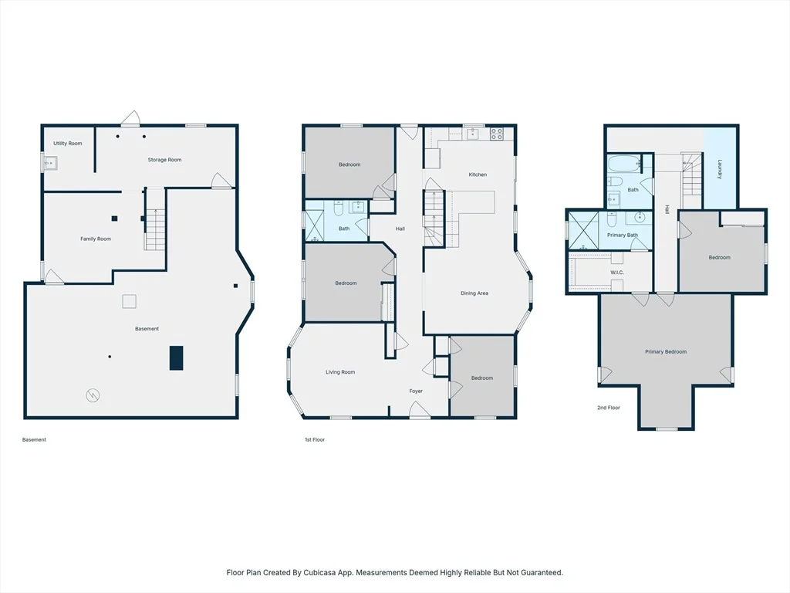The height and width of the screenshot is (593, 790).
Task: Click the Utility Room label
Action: pos(68,143)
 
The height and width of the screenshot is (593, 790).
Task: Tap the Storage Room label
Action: pos(165,160)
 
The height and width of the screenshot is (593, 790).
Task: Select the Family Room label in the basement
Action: pos(96,239)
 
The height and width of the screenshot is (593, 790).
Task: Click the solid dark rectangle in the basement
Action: pos(176,358)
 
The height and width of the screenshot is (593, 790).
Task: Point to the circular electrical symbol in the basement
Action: pos(93,395)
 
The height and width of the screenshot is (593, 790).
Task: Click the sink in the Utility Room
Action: pos(50,164)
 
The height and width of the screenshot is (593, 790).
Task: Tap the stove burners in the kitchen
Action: pos(496,134)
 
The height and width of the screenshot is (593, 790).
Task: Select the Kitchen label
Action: pos(478,175)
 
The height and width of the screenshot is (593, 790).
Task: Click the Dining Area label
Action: pos(474,293)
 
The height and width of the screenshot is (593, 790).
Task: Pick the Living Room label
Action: pos(340,372)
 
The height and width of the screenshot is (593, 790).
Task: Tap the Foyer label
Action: pos(416,391)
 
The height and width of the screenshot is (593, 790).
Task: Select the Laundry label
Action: pos(720,169)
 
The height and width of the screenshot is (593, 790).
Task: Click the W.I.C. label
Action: pos(617,273)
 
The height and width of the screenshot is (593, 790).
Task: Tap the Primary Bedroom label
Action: pos(666,352)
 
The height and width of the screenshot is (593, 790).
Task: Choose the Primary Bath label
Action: pos(623,235)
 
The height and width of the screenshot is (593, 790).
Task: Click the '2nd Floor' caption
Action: pos(609,408)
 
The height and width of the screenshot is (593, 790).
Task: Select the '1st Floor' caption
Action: pos(315,439)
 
